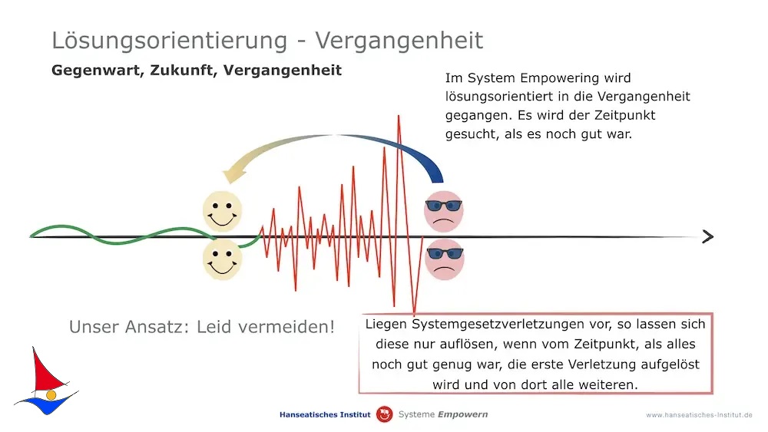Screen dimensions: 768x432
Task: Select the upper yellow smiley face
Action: [x=223, y=211]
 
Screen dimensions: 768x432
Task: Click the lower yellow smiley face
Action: [x=223, y=259]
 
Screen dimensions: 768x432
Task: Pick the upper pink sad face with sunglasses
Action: [x=444, y=211]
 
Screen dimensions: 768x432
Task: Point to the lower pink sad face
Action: [x=444, y=259]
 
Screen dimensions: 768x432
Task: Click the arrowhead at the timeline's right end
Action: [x=708, y=237]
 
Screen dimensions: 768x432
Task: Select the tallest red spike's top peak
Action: [x=399, y=116]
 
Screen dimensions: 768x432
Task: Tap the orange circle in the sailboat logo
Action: [x=51, y=395]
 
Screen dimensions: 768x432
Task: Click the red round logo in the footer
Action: [x=385, y=414]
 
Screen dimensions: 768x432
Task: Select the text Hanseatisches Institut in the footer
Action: [x=325, y=415]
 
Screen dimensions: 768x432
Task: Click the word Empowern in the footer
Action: [x=463, y=415]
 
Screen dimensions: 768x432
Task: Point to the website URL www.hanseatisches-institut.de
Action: [x=699, y=415]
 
